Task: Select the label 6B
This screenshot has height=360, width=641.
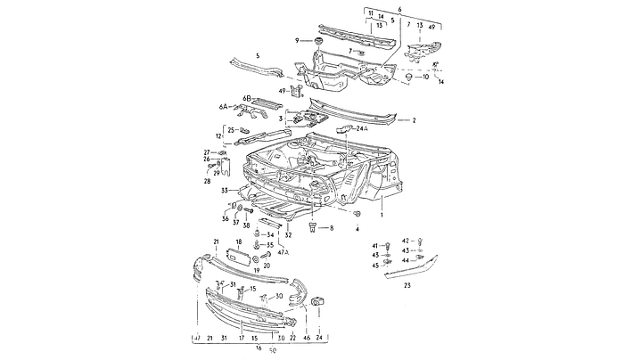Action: pyautogui.click(x=247, y=97)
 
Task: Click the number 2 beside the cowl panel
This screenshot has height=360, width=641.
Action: pyautogui.click(x=414, y=119)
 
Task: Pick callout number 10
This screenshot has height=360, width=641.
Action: pyautogui.click(x=425, y=77)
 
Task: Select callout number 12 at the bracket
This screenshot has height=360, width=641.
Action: pyautogui.click(x=218, y=136)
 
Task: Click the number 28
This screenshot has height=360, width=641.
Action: pyautogui.click(x=207, y=181)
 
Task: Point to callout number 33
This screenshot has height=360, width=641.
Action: pyautogui.click(x=226, y=190)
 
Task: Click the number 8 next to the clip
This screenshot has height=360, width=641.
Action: pyautogui.click(x=330, y=229)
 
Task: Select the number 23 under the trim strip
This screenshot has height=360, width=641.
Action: pyautogui.click(x=407, y=285)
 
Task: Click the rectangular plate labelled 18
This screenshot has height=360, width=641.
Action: pyautogui.click(x=240, y=256)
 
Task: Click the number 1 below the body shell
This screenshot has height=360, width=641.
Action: pyautogui.click(x=382, y=216)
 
